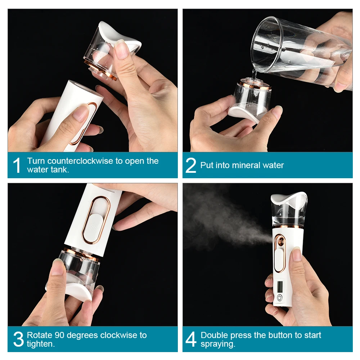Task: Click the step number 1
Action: (17, 165)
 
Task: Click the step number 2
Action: (191, 165)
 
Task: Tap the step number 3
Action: (18, 339)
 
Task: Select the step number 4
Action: (191, 339)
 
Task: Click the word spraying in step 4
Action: (217, 344)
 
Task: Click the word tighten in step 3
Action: (40, 344)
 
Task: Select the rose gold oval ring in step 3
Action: (95, 220)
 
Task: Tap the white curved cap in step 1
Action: (119, 36)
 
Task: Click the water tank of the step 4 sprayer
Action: (289, 214)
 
